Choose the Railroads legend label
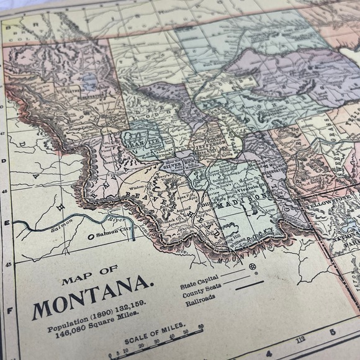tap(198, 297)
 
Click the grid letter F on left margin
tap(8, 311)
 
